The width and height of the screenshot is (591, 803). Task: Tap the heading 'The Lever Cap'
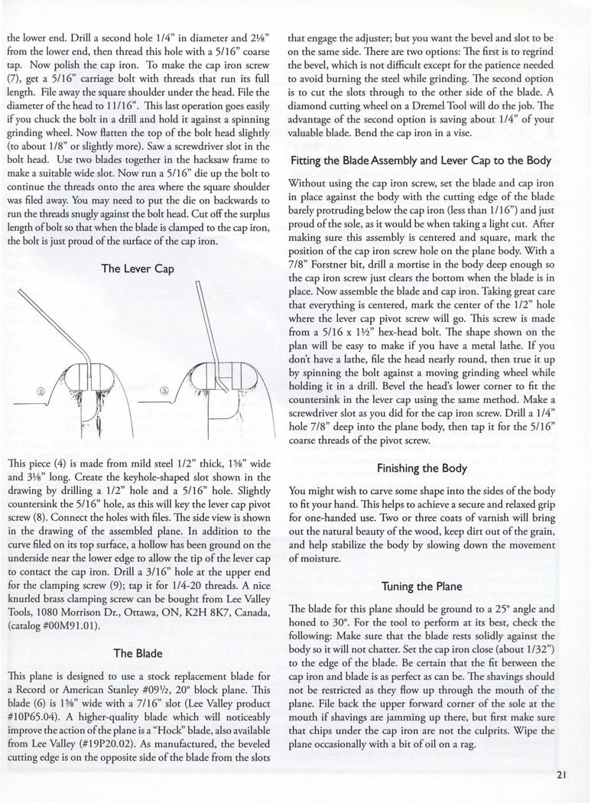click(x=134, y=268)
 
